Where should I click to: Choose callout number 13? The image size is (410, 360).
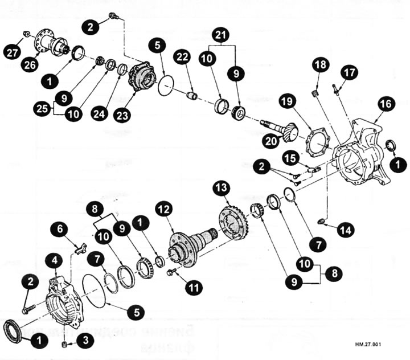[222, 188]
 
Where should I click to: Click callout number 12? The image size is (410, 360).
[165, 211]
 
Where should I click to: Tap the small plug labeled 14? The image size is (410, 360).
[321, 221]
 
